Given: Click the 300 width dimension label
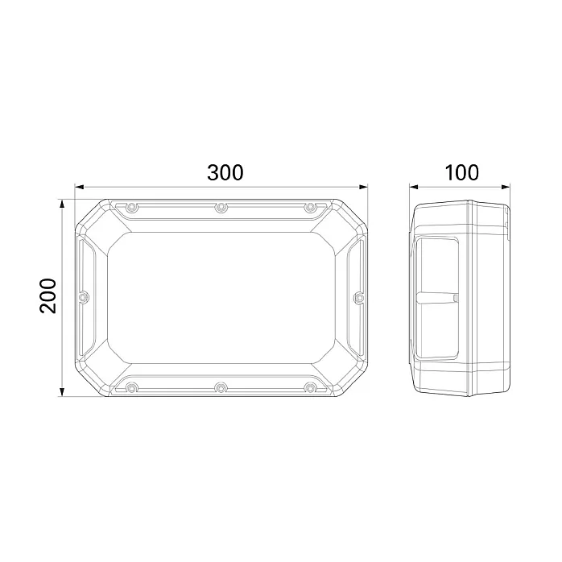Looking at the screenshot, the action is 225,172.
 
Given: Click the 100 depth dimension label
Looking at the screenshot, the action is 461,172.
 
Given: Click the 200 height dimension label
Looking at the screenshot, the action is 48,295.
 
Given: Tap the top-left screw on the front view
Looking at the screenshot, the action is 132,207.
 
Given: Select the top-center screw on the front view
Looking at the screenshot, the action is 221,207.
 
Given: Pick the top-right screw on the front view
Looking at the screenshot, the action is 311,207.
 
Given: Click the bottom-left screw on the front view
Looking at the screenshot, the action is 132,387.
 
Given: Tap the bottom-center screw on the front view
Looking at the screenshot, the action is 221,387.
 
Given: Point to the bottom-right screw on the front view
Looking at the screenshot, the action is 311,387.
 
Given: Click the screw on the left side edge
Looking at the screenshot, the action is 84,297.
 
